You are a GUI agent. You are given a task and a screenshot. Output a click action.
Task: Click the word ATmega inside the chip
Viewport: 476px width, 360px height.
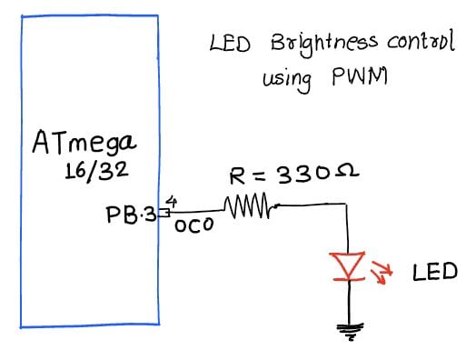(84, 143)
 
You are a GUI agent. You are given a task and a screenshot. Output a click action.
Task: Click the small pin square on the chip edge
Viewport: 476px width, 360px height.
(164, 213)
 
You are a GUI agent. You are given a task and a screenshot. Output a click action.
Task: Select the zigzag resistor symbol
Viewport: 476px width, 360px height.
(246, 208)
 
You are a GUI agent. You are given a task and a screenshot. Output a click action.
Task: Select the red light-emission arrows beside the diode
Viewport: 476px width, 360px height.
(384, 270)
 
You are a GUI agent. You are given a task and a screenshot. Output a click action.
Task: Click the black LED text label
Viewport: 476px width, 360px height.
(434, 272)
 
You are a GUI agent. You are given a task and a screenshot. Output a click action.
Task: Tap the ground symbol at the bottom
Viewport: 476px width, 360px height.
(349, 333)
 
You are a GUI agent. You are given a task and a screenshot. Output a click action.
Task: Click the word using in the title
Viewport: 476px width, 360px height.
(287, 82)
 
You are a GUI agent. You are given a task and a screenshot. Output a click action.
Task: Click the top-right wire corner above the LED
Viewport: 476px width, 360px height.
(348, 206)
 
